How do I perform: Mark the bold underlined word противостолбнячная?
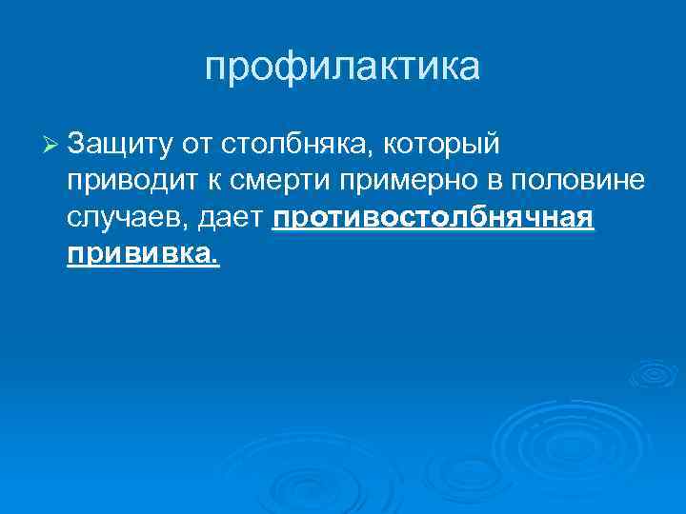coord(434,221)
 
